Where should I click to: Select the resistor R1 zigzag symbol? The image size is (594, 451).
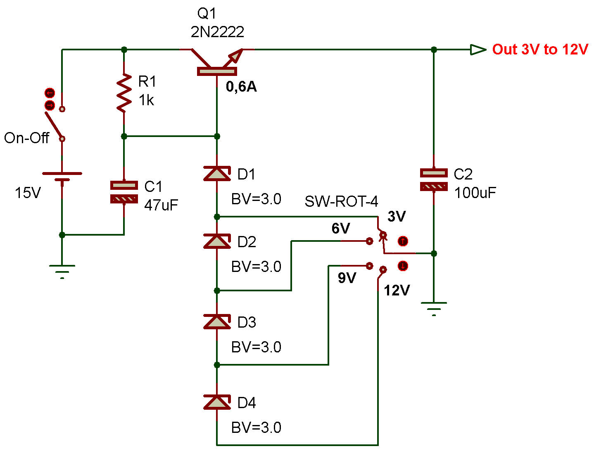point(124,93)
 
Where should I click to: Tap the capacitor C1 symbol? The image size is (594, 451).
point(124,192)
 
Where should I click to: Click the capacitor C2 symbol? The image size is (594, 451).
point(433,180)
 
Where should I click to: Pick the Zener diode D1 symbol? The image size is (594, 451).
point(217,173)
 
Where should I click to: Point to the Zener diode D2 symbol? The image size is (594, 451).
point(217,241)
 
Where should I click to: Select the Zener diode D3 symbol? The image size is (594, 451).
point(217,321)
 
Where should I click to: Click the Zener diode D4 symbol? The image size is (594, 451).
point(217,402)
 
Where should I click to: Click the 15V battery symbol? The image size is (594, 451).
point(62,177)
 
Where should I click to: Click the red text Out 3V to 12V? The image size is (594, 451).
point(540,50)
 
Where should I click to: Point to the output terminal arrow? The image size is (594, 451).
point(478,50)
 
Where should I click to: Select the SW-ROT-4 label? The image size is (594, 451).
point(341,201)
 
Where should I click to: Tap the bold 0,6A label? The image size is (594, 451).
point(241,87)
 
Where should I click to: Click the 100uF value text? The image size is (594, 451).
point(475,193)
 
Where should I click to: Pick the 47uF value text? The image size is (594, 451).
point(161,205)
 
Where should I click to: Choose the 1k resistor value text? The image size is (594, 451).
point(146,100)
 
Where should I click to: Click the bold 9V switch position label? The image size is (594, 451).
point(347,278)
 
